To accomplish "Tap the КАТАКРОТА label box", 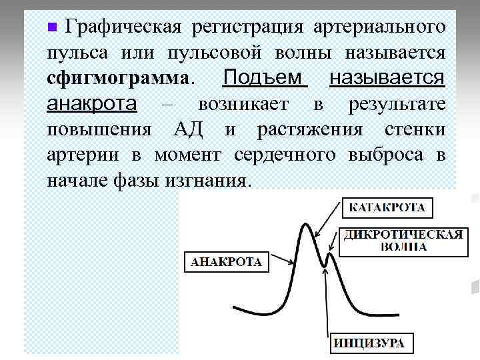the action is [x=387, y=207].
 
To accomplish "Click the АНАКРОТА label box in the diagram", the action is [x=227, y=261].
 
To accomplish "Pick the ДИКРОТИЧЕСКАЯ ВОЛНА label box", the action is [x=403, y=241].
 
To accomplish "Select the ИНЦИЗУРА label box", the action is [x=369, y=343].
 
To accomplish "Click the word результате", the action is [x=396, y=104].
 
